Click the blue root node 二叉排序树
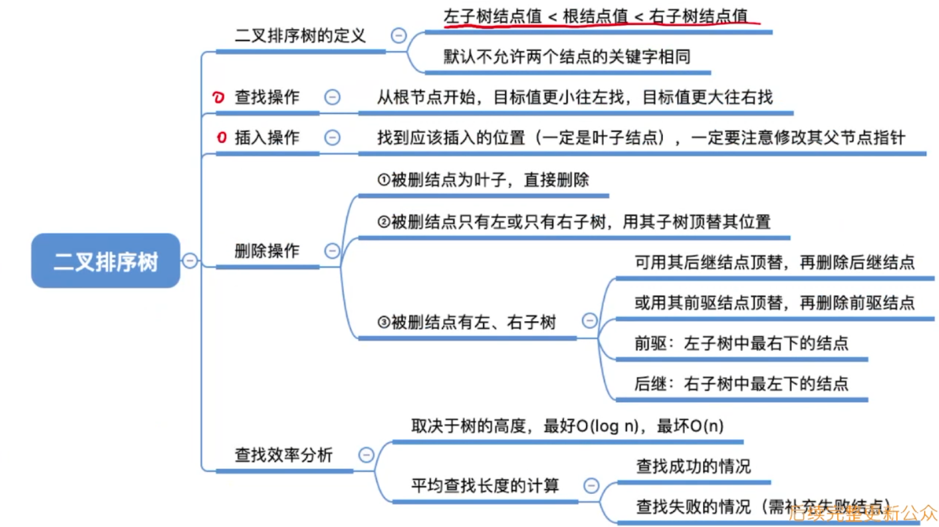click(106, 261)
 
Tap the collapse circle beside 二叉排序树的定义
click(399, 36)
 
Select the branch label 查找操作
click(267, 97)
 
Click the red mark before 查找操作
click(218, 97)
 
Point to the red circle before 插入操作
click(222, 138)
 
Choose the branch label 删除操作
click(267, 251)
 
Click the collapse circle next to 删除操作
click(332, 251)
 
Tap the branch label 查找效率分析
click(284, 455)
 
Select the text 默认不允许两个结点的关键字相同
click(567, 57)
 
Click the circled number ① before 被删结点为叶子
click(384, 180)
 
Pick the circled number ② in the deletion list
click(384, 222)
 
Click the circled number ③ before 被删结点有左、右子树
click(384, 322)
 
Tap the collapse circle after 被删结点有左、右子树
click(590, 321)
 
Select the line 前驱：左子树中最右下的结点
click(741, 343)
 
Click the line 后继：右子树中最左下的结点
click(741, 384)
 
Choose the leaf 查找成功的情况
click(694, 466)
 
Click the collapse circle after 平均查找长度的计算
click(591, 486)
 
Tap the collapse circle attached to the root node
click(190, 261)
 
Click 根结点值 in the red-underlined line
click(595, 17)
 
